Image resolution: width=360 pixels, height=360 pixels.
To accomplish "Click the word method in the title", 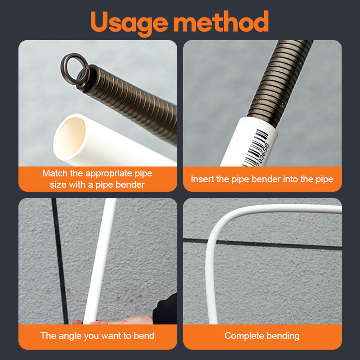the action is (221, 21).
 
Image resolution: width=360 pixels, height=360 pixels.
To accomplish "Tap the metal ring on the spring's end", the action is (74, 68).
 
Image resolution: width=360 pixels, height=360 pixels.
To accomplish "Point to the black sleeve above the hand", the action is (165, 309).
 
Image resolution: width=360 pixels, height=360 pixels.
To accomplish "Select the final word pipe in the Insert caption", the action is (324, 180).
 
